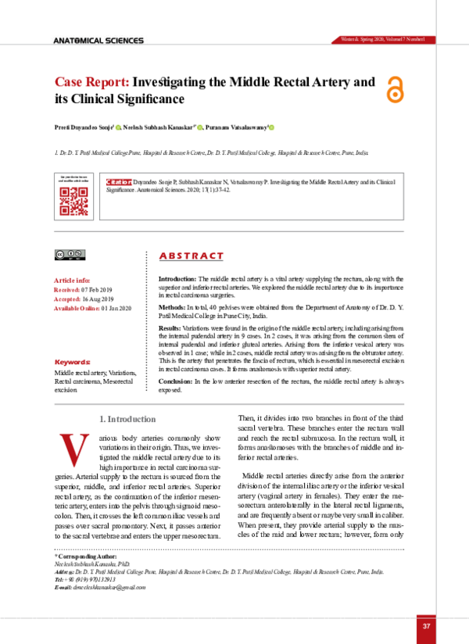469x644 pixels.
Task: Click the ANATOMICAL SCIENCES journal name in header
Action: point(98,41)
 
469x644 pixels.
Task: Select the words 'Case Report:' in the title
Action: point(91,81)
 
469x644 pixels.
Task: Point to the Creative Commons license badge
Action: point(70,254)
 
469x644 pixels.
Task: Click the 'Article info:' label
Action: point(72,280)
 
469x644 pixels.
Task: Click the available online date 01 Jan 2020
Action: point(115,309)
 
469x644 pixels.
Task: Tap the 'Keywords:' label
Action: point(72,363)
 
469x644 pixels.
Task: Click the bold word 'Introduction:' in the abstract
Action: point(177,279)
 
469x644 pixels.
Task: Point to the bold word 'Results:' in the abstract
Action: point(170,330)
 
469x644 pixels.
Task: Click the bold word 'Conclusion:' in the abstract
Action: point(175,380)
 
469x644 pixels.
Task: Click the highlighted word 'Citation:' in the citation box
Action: point(120,179)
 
